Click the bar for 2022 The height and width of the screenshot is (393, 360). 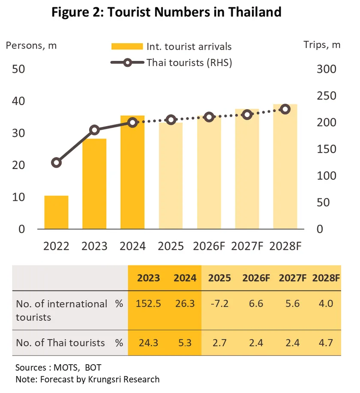[x=56, y=212]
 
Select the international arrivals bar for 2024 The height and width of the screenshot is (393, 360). [x=132, y=172]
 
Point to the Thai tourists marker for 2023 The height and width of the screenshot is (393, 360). [x=94, y=130]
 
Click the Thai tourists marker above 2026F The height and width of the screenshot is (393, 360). [x=209, y=117]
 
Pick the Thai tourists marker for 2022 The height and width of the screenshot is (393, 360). [x=56, y=163]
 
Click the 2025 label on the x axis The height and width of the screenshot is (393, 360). [x=171, y=246]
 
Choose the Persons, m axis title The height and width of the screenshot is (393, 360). [x=31, y=45]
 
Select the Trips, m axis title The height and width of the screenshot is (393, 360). [x=322, y=45]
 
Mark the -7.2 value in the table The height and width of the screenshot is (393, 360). [x=219, y=304]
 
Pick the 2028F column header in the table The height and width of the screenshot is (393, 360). [x=326, y=278]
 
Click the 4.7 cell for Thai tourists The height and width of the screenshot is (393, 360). [x=326, y=342]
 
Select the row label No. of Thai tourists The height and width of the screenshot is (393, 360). [x=60, y=342]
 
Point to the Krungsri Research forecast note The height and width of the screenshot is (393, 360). [x=87, y=379]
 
